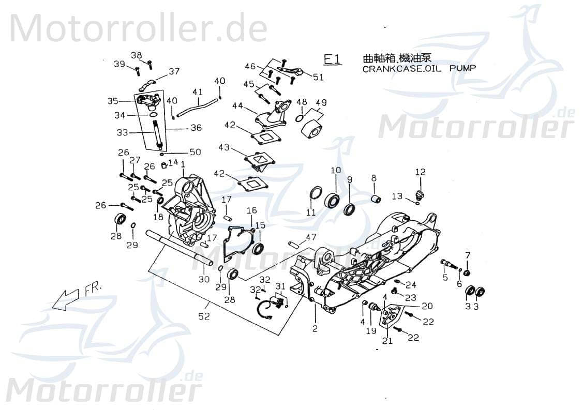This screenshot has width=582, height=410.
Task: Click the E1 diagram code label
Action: [332, 59]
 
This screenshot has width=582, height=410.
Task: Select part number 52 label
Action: [204, 316]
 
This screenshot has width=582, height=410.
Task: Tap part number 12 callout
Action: [420, 172]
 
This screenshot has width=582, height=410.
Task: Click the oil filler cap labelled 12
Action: [419, 195]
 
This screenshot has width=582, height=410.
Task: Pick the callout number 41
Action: [197, 92]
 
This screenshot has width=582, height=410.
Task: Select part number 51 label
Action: [318, 78]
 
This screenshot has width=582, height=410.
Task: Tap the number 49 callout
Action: [321, 102]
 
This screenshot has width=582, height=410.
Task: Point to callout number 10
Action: [335, 170]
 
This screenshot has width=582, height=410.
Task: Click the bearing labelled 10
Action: [332, 200]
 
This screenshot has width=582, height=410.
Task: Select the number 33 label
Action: [122, 132]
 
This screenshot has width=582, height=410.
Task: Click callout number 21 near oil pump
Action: [387, 340]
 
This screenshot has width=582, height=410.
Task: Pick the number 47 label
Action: [310, 237]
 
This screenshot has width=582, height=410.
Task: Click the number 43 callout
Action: [223, 147]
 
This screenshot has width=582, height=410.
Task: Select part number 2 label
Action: [315, 328]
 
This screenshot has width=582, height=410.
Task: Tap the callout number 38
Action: [136, 55]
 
